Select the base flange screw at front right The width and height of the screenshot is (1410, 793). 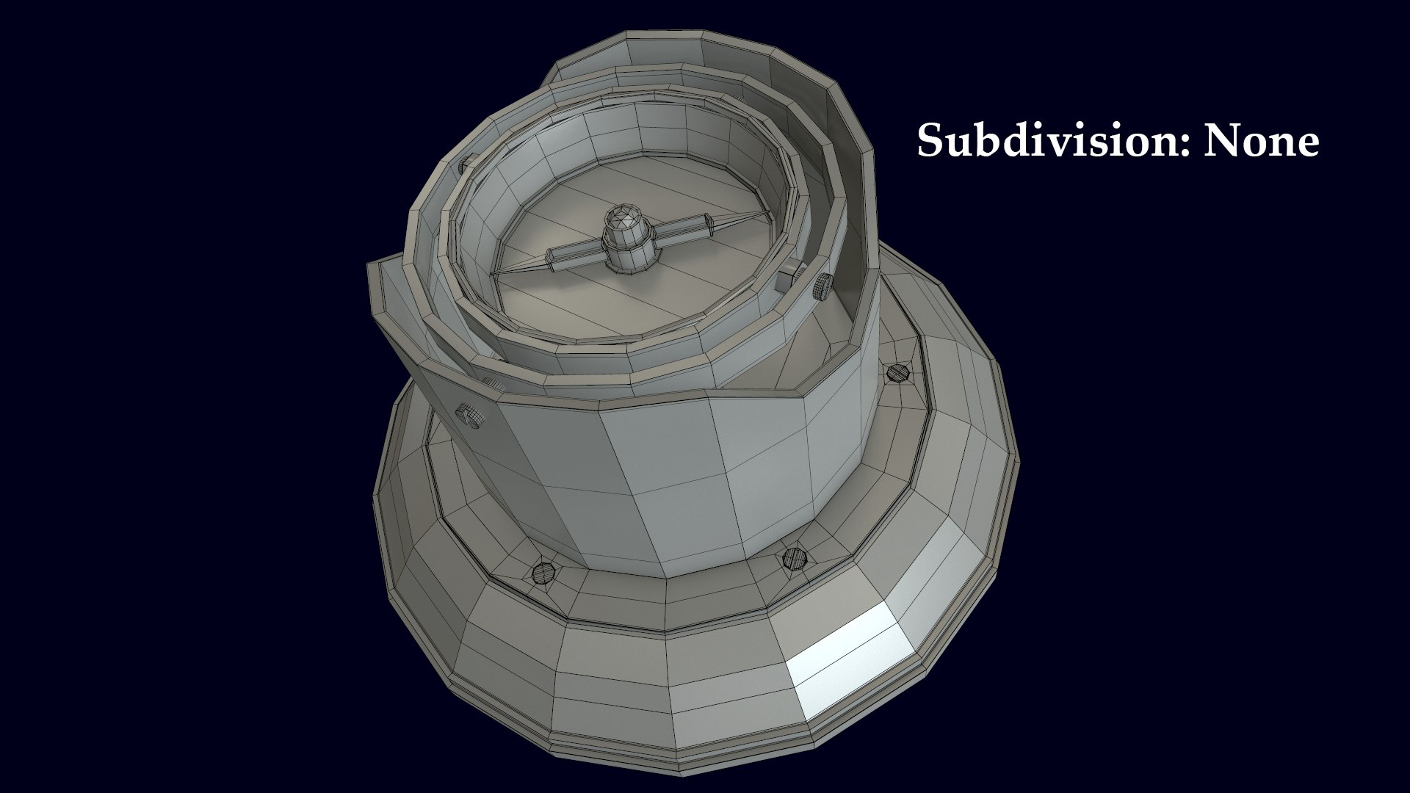[792, 558]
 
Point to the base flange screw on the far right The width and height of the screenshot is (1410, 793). [896, 373]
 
